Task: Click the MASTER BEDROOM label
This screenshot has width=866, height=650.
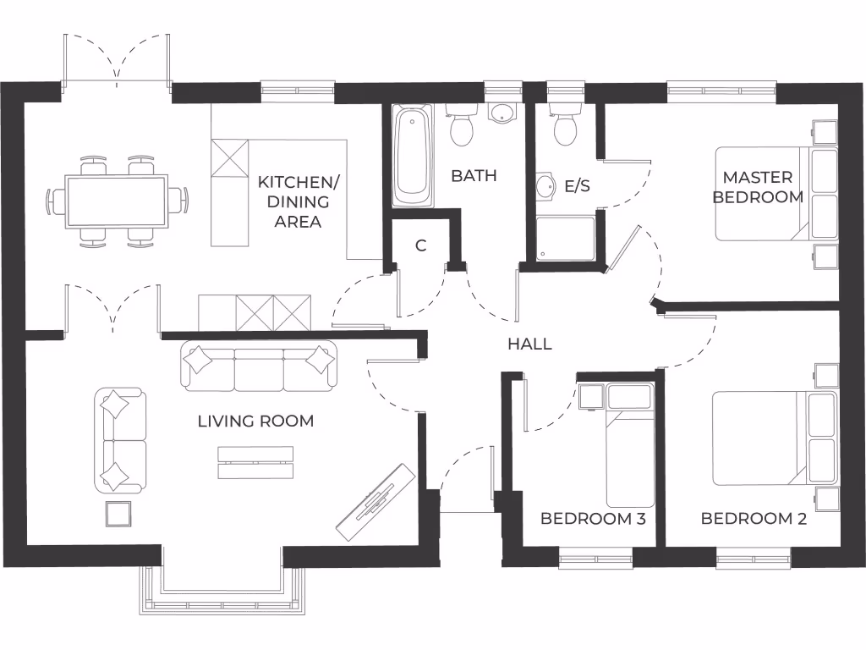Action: click(757, 187)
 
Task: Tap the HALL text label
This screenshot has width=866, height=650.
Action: click(529, 344)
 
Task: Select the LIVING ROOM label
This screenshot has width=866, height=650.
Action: click(255, 421)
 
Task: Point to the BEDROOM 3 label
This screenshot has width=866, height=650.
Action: click(593, 518)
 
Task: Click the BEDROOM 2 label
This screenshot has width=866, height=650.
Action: click(754, 518)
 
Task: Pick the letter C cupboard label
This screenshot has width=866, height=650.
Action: click(420, 246)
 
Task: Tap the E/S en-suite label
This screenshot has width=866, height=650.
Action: click(577, 185)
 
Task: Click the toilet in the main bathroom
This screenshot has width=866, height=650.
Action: click(462, 127)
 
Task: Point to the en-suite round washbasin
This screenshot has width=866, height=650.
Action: click(545, 185)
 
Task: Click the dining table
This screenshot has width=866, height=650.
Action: click(118, 201)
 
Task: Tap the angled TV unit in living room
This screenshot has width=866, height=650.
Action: click(375, 503)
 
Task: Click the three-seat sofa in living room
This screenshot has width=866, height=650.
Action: click(258, 366)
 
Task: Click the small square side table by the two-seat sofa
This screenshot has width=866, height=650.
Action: click(118, 514)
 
